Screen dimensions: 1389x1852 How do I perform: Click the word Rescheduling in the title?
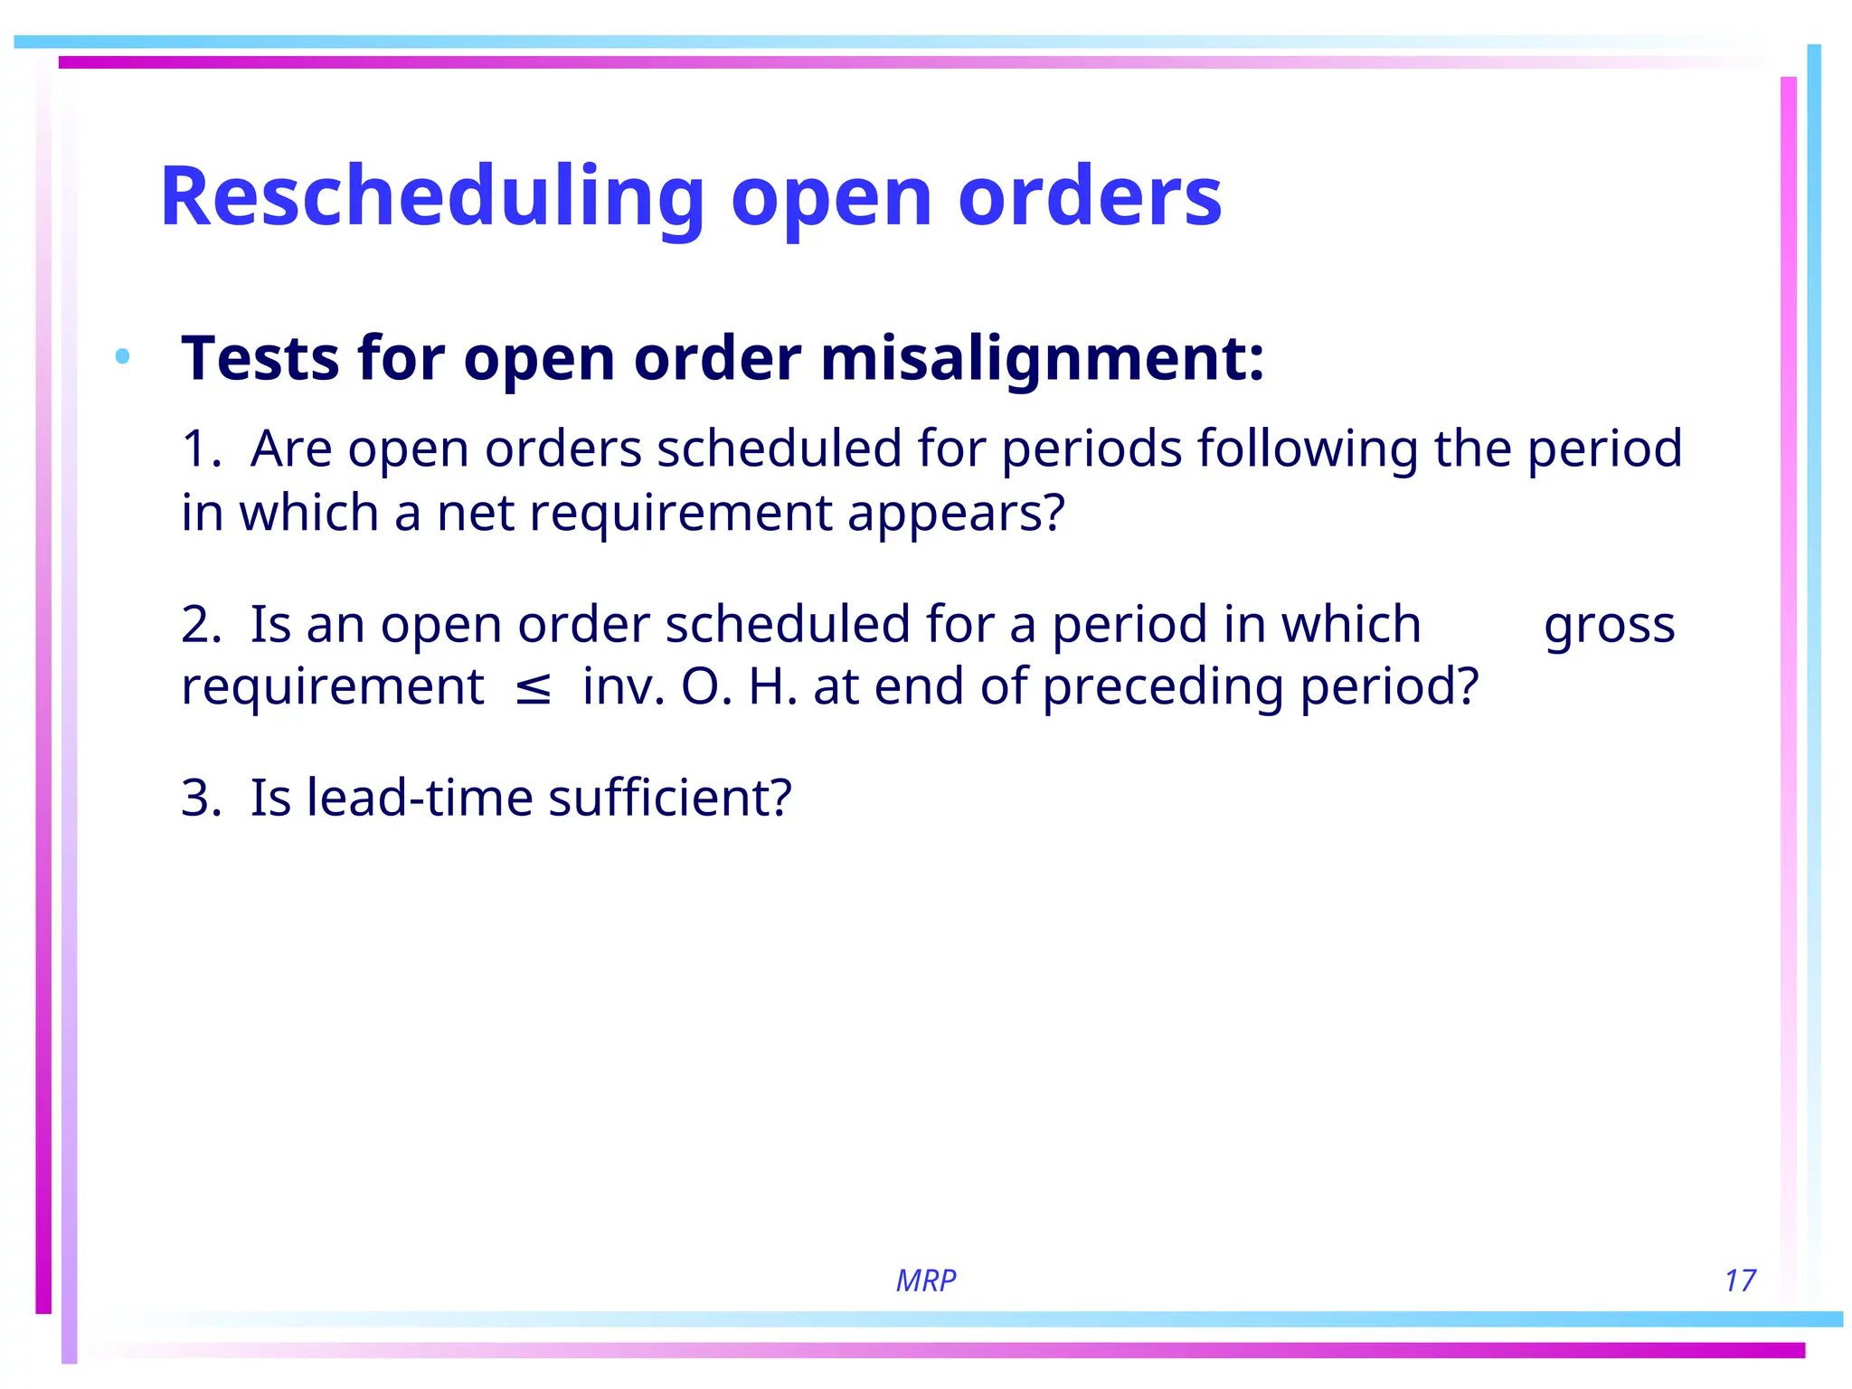pyautogui.click(x=431, y=197)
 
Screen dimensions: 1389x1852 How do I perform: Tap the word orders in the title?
pyautogui.click(x=1089, y=197)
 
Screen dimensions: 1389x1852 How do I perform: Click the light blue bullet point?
pyautogui.click(x=123, y=356)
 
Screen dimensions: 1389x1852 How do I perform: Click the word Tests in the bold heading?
pyautogui.click(x=260, y=359)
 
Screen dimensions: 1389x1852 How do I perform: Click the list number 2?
pyautogui.click(x=200, y=625)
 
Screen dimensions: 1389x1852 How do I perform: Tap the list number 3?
pyautogui.click(x=200, y=798)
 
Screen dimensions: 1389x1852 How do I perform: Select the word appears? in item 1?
pyautogui.click(x=956, y=514)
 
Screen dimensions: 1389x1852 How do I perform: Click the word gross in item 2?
pyautogui.click(x=1609, y=626)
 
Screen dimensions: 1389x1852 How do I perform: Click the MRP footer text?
pyautogui.click(x=925, y=1280)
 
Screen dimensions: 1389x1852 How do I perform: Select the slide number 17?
pyautogui.click(x=1739, y=1280)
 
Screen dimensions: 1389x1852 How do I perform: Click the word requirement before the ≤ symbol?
pyautogui.click(x=333, y=688)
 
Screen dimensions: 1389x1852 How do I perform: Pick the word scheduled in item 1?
pyautogui.click(x=779, y=449)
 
